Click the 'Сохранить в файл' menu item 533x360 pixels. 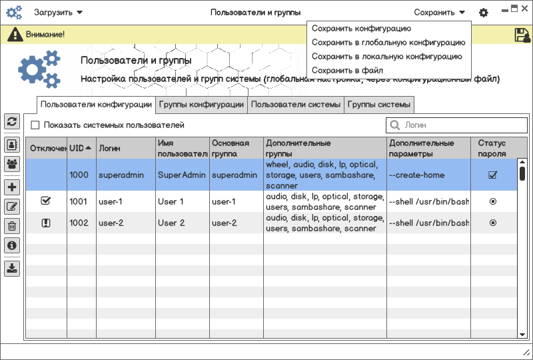[347, 70]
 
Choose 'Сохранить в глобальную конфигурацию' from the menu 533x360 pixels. [388, 42]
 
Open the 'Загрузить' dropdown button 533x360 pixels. [59, 12]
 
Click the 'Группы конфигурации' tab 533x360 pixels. [201, 105]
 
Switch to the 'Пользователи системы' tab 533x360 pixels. [296, 105]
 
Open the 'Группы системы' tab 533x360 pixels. [378, 105]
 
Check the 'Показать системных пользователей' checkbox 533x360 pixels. [35, 125]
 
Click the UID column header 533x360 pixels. [81, 148]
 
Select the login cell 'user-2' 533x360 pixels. [111, 223]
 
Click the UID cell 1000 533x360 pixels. [79, 175]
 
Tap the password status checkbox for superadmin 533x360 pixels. [493, 175]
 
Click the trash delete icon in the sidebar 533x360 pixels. [12, 226]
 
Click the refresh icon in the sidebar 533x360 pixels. [12, 121]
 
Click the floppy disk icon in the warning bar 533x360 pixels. [522, 35]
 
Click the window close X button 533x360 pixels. [525, 9]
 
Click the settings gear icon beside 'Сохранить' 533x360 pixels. [484, 13]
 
